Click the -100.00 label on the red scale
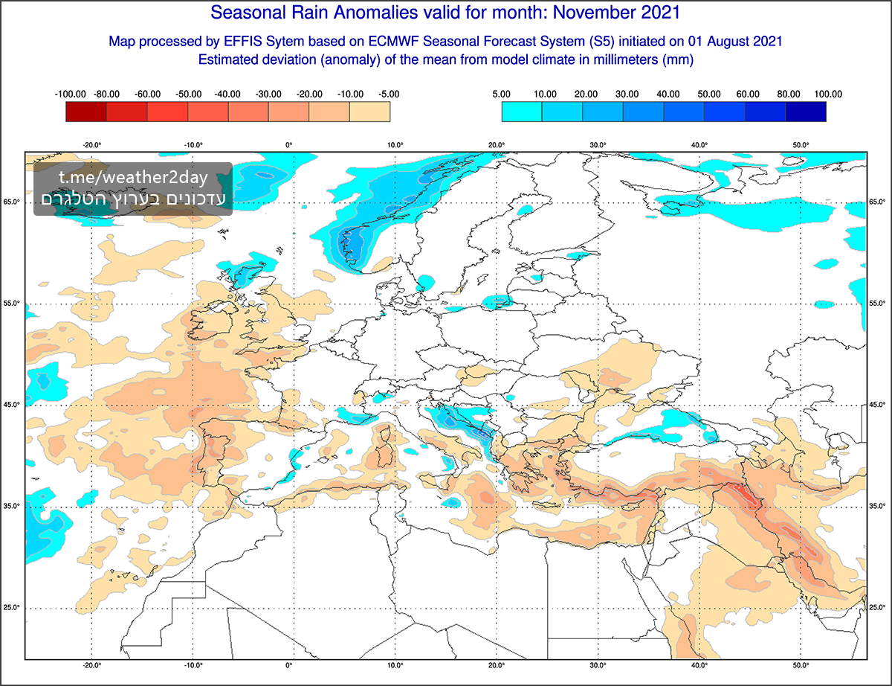tap(71, 94)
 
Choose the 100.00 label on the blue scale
tap(827, 94)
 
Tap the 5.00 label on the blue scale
tap(501, 94)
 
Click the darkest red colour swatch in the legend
tap(86, 112)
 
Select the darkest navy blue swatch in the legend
tap(806, 112)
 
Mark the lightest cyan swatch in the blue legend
tap(522, 112)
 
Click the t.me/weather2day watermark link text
tap(134, 179)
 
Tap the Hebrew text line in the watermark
tap(134, 199)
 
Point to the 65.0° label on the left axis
tap(11, 202)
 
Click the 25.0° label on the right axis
tap(879, 608)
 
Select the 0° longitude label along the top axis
tap(288, 145)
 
